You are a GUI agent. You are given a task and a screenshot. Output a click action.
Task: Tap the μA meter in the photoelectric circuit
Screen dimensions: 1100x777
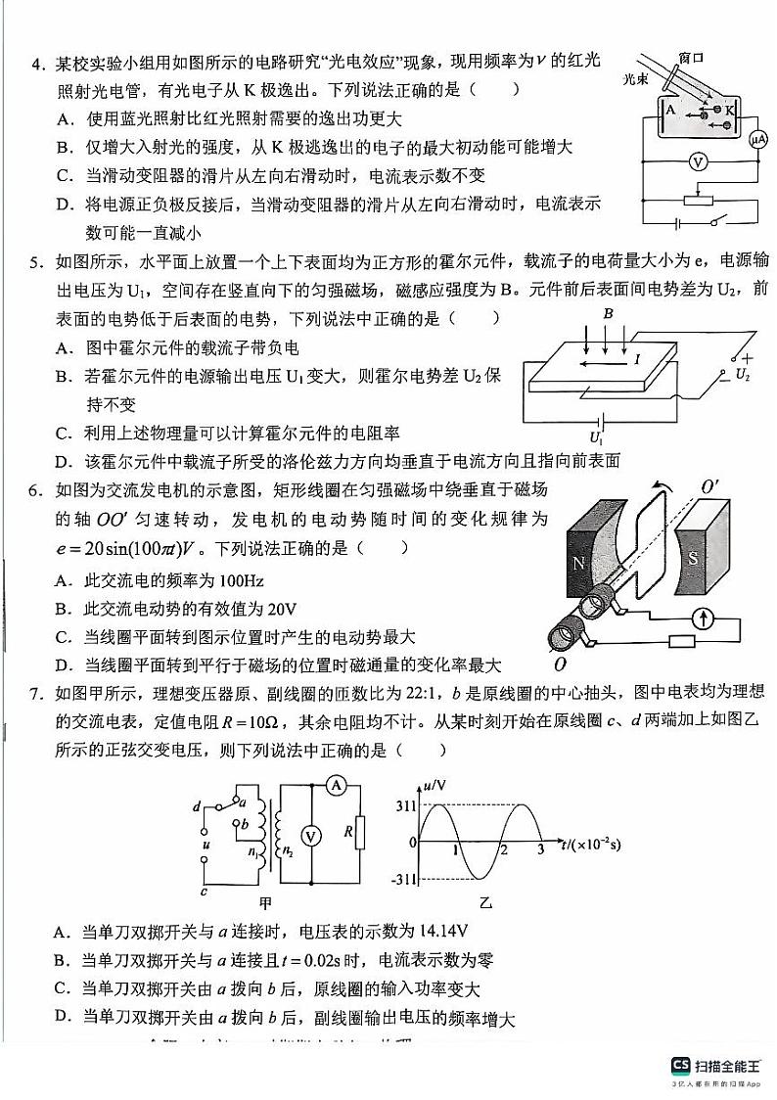(756, 140)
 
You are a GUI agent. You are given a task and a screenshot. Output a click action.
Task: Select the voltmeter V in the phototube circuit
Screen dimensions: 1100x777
(697, 163)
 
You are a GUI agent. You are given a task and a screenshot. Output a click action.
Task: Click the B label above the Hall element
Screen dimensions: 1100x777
(608, 314)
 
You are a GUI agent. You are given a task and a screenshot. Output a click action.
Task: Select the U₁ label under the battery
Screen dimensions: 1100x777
(594, 436)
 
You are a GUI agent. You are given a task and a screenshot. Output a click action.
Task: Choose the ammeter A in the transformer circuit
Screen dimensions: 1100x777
(334, 784)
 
